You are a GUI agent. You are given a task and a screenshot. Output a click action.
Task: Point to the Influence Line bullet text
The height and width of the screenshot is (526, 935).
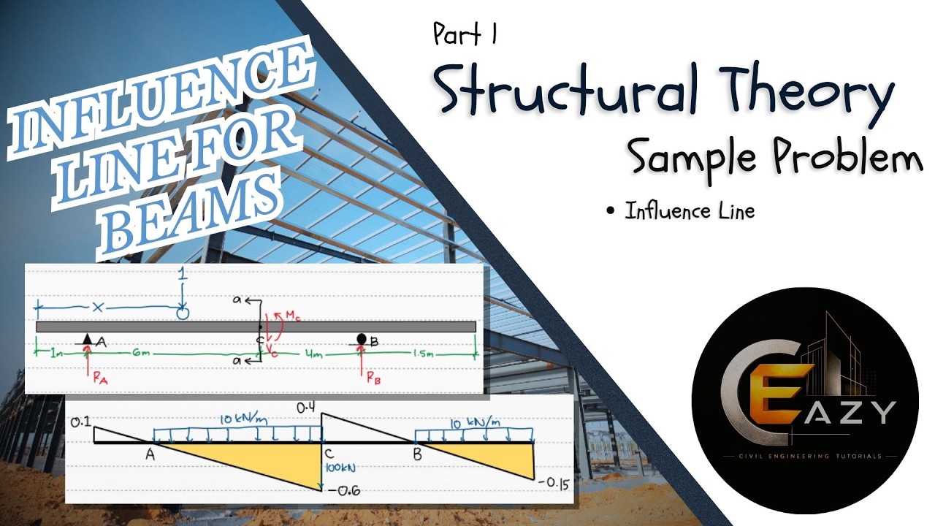tap(690, 211)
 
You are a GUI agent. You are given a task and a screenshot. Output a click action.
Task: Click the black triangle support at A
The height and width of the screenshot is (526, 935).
tap(87, 338)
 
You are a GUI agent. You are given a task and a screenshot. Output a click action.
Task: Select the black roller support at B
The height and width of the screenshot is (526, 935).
tap(362, 338)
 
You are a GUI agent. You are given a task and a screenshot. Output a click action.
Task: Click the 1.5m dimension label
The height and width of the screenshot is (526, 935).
tap(424, 354)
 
